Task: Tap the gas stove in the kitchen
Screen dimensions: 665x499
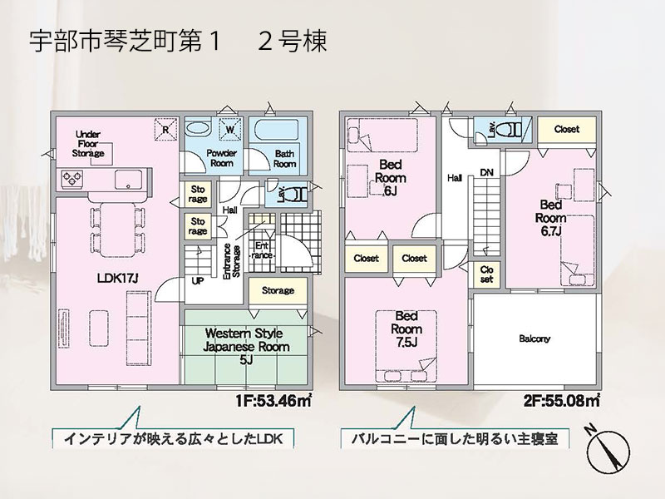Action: point(71,178)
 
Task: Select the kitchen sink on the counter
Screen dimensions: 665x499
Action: point(128,179)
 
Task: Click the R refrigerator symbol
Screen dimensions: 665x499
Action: point(165,129)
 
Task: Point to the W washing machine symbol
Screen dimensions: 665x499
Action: point(230,129)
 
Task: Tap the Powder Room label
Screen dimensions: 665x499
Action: point(221,158)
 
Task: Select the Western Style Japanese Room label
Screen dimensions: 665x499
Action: point(246,346)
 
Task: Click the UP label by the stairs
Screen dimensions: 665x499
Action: point(198,280)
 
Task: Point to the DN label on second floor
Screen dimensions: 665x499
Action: point(487,172)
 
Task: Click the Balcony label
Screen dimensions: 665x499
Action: point(534,338)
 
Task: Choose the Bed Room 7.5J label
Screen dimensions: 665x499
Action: point(406,329)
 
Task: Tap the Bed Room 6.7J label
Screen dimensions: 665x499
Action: point(550,218)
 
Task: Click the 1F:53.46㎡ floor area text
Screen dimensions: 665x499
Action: point(274,400)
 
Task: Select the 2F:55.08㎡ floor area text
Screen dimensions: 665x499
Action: point(562,400)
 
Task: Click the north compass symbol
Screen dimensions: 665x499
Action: point(608,450)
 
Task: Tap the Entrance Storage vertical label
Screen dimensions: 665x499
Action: point(232,261)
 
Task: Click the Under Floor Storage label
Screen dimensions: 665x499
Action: point(88,144)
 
